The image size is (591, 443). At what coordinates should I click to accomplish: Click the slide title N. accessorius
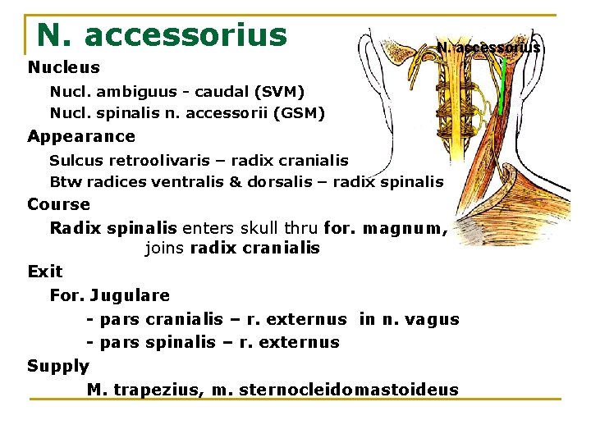[x=162, y=35]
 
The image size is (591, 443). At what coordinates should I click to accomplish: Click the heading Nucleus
[x=63, y=67]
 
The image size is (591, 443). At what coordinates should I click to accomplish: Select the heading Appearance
[x=81, y=136]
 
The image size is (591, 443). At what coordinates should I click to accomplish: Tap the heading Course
[x=58, y=204]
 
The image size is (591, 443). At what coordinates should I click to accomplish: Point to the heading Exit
[x=44, y=271]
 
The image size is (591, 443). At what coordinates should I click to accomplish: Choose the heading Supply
[x=57, y=366]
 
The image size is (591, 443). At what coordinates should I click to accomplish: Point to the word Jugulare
[x=131, y=295]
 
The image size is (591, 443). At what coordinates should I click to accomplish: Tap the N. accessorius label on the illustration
[x=488, y=48]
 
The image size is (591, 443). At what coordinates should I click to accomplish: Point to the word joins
[x=164, y=248]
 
